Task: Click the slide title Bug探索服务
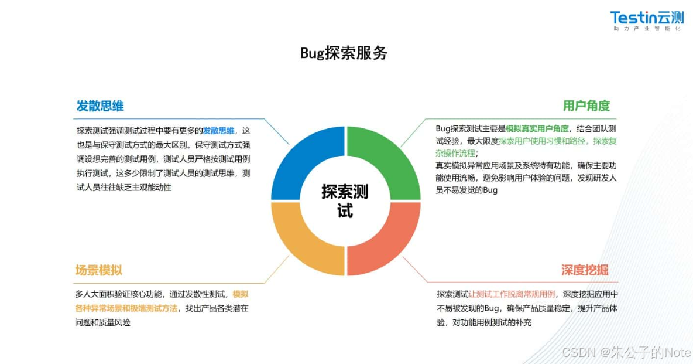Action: (x=344, y=53)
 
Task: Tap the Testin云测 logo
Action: (x=646, y=18)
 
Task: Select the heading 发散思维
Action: (x=100, y=106)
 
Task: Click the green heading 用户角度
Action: (x=586, y=106)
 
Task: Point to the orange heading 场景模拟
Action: (x=98, y=270)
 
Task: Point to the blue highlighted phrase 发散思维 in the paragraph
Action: (x=218, y=130)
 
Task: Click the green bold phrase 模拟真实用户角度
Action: (x=537, y=128)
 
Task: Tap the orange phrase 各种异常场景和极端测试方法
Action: (x=126, y=308)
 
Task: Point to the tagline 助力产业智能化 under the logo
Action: (x=646, y=29)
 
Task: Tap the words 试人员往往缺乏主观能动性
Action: (x=124, y=188)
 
